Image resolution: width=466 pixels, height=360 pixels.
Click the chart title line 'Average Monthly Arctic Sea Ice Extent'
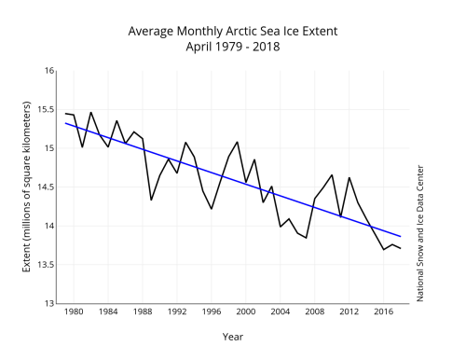click(232, 31)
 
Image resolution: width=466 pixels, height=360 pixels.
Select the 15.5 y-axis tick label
click(44, 109)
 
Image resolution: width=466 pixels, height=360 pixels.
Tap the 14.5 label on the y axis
click(44, 187)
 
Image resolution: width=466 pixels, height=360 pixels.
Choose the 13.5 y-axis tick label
click(44, 264)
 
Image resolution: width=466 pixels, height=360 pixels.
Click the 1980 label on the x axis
click(74, 312)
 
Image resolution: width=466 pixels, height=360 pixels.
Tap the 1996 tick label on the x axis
click(211, 312)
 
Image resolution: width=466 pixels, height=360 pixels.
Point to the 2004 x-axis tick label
click(280, 312)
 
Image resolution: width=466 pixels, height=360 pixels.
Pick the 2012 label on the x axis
click(349, 312)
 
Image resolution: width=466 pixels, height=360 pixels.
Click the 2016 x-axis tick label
click(383, 312)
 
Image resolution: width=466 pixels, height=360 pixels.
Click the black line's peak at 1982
click(90, 112)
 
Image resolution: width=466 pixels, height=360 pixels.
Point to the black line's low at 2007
click(306, 238)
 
